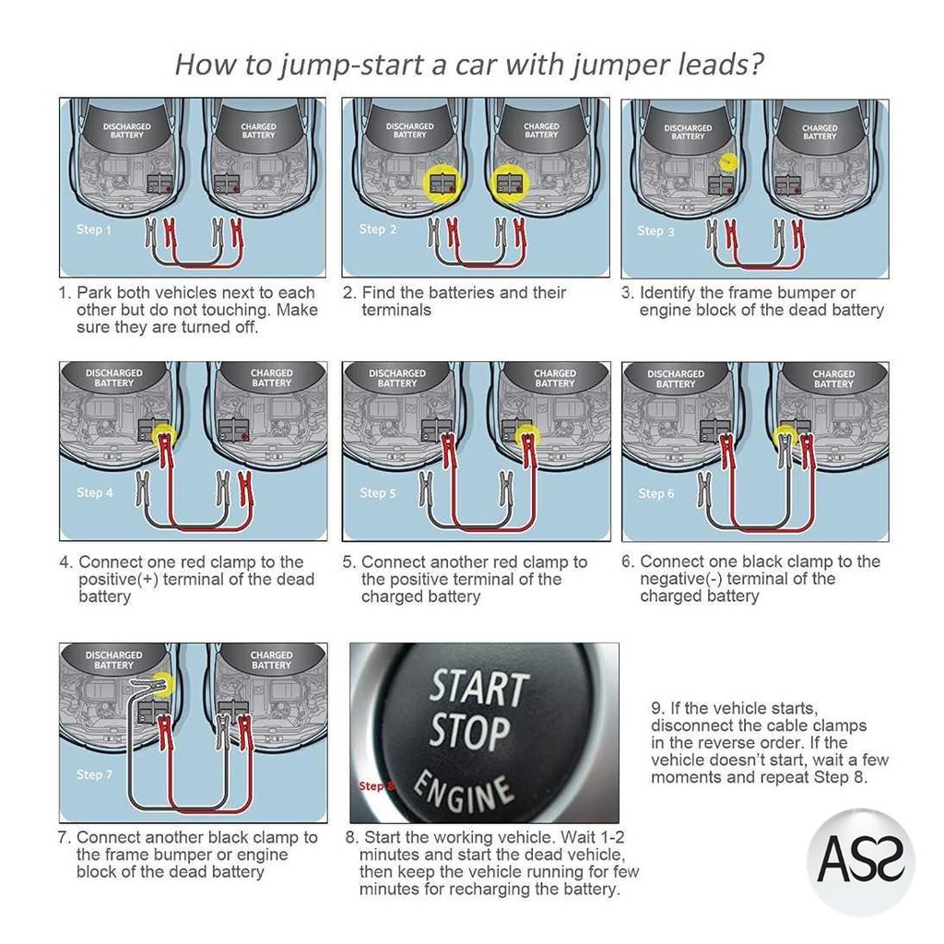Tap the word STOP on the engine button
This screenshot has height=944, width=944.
pyautogui.click(x=470, y=733)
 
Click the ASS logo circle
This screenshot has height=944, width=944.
pyautogui.click(x=861, y=862)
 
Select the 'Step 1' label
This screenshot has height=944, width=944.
pyautogui.click(x=94, y=229)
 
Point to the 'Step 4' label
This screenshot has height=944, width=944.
pyautogui.click(x=95, y=493)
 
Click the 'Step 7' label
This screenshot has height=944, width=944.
pyautogui.click(x=95, y=774)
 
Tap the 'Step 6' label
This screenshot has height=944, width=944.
pyautogui.click(x=656, y=493)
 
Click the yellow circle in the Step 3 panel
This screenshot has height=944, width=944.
pyautogui.click(x=728, y=160)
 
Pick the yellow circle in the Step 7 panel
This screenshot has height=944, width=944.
pyautogui.click(x=164, y=683)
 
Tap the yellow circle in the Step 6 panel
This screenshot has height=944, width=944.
pyautogui.click(x=785, y=432)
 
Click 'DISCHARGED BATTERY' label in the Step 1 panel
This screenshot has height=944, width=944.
pyautogui.click(x=127, y=131)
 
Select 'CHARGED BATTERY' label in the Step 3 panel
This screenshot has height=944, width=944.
pyautogui.click(x=820, y=132)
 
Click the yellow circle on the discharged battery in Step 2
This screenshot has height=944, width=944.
pyautogui.click(x=441, y=183)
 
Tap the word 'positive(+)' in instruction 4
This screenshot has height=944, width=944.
pyautogui.click(x=123, y=579)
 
